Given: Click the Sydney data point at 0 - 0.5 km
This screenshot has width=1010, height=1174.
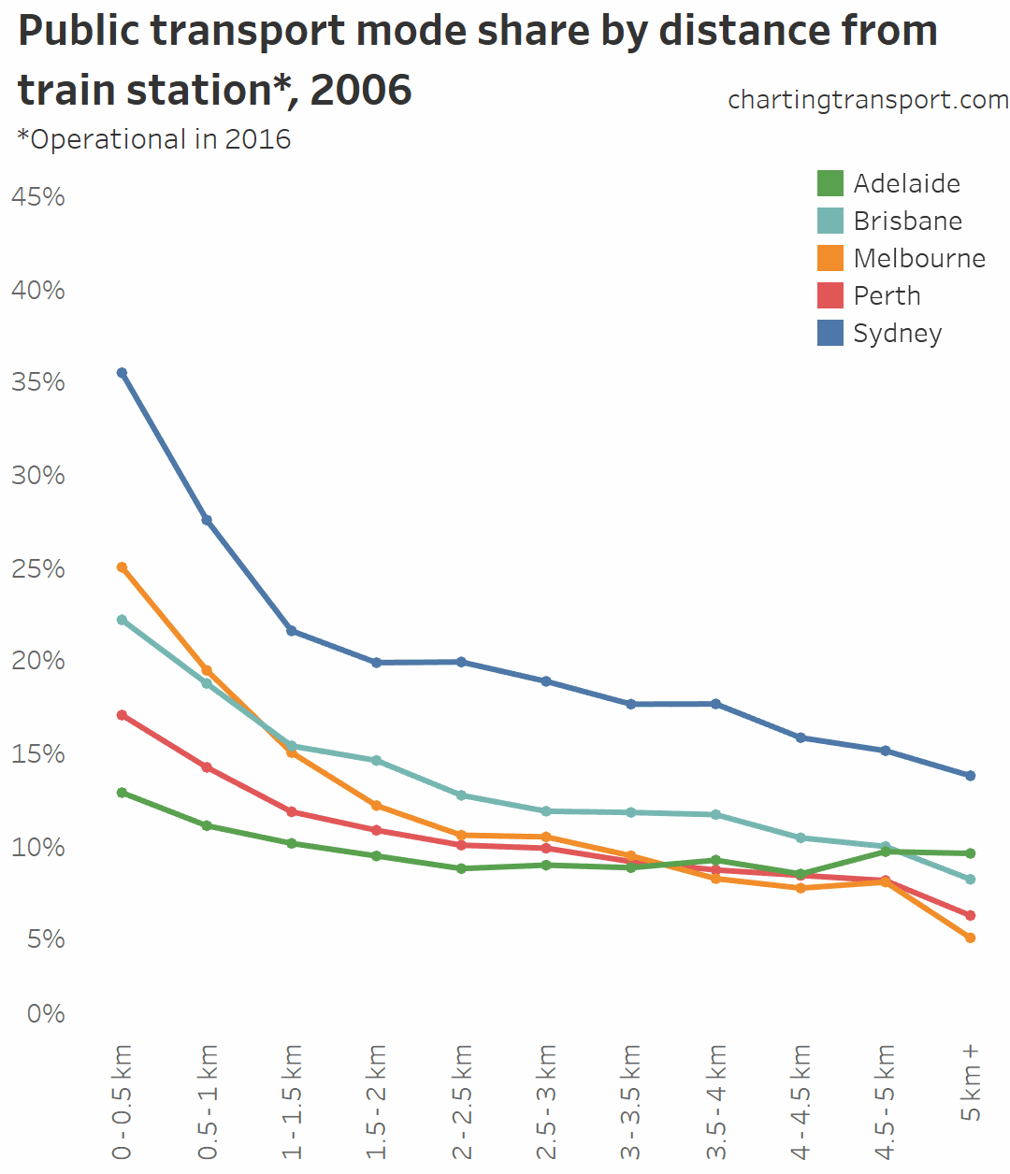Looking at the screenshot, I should point(122,373).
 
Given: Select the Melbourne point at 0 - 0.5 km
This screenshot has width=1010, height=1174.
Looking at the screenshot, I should point(122,567).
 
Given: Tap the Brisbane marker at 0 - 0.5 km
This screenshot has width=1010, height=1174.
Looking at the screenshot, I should point(122,620).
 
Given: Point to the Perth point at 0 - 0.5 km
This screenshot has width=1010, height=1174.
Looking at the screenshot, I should point(122,715).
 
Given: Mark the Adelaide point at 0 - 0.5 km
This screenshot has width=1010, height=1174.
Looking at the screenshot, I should point(122,793).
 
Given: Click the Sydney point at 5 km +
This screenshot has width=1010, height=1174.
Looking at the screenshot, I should point(970,776).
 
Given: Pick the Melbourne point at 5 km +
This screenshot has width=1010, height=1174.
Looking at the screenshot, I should point(970,938).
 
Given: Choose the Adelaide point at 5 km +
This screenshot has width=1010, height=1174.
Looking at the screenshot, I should point(970,853).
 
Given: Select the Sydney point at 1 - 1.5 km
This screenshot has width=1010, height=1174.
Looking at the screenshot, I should point(292,631).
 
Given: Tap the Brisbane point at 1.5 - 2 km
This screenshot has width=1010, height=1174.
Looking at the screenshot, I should point(377,761).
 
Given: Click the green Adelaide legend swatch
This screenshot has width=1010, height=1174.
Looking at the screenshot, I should point(830,183).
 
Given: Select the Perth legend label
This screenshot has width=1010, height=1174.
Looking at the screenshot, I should point(887,295).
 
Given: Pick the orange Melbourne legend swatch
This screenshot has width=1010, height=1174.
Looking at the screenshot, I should point(830,258).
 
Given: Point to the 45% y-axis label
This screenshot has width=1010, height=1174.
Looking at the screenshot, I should point(38,196).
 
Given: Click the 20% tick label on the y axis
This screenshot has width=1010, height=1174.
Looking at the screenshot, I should point(38,661).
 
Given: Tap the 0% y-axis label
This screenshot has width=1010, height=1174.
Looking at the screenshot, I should point(46,1013).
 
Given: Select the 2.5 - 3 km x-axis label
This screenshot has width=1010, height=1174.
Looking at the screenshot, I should point(547,1102).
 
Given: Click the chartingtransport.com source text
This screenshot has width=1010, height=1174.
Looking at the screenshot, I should point(868,99).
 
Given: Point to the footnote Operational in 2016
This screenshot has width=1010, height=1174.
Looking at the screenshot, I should point(154,139).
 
